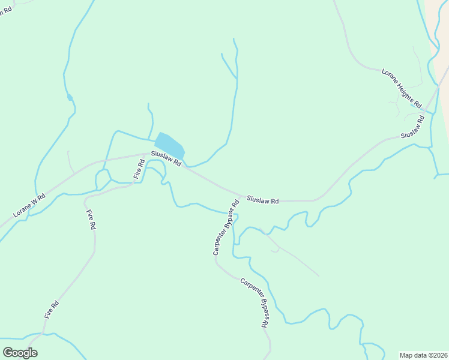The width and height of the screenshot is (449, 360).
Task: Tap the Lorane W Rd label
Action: pyautogui.click(x=29, y=206)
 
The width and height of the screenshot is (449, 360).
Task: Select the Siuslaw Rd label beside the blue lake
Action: pyautogui.click(x=166, y=159)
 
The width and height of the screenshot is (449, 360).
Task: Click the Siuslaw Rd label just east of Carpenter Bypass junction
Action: pyautogui.click(x=262, y=200)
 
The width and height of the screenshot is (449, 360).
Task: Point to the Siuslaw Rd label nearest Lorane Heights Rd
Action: pyautogui.click(x=413, y=127)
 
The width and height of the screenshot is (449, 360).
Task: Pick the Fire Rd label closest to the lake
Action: pyautogui.click(x=139, y=169)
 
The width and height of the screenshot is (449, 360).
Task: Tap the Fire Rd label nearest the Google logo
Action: pyautogui.click(x=52, y=308)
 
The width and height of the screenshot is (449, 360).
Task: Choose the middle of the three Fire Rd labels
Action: pyautogui.click(x=91, y=220)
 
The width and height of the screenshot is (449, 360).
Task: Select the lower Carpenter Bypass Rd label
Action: pyautogui.click(x=254, y=302)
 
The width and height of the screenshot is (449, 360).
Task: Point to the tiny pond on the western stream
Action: pyautogui.click(x=70, y=97)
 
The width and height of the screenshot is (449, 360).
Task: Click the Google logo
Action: pyautogui.click(x=20, y=352)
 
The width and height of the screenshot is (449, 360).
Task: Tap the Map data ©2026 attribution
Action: pyautogui.click(x=424, y=355)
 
